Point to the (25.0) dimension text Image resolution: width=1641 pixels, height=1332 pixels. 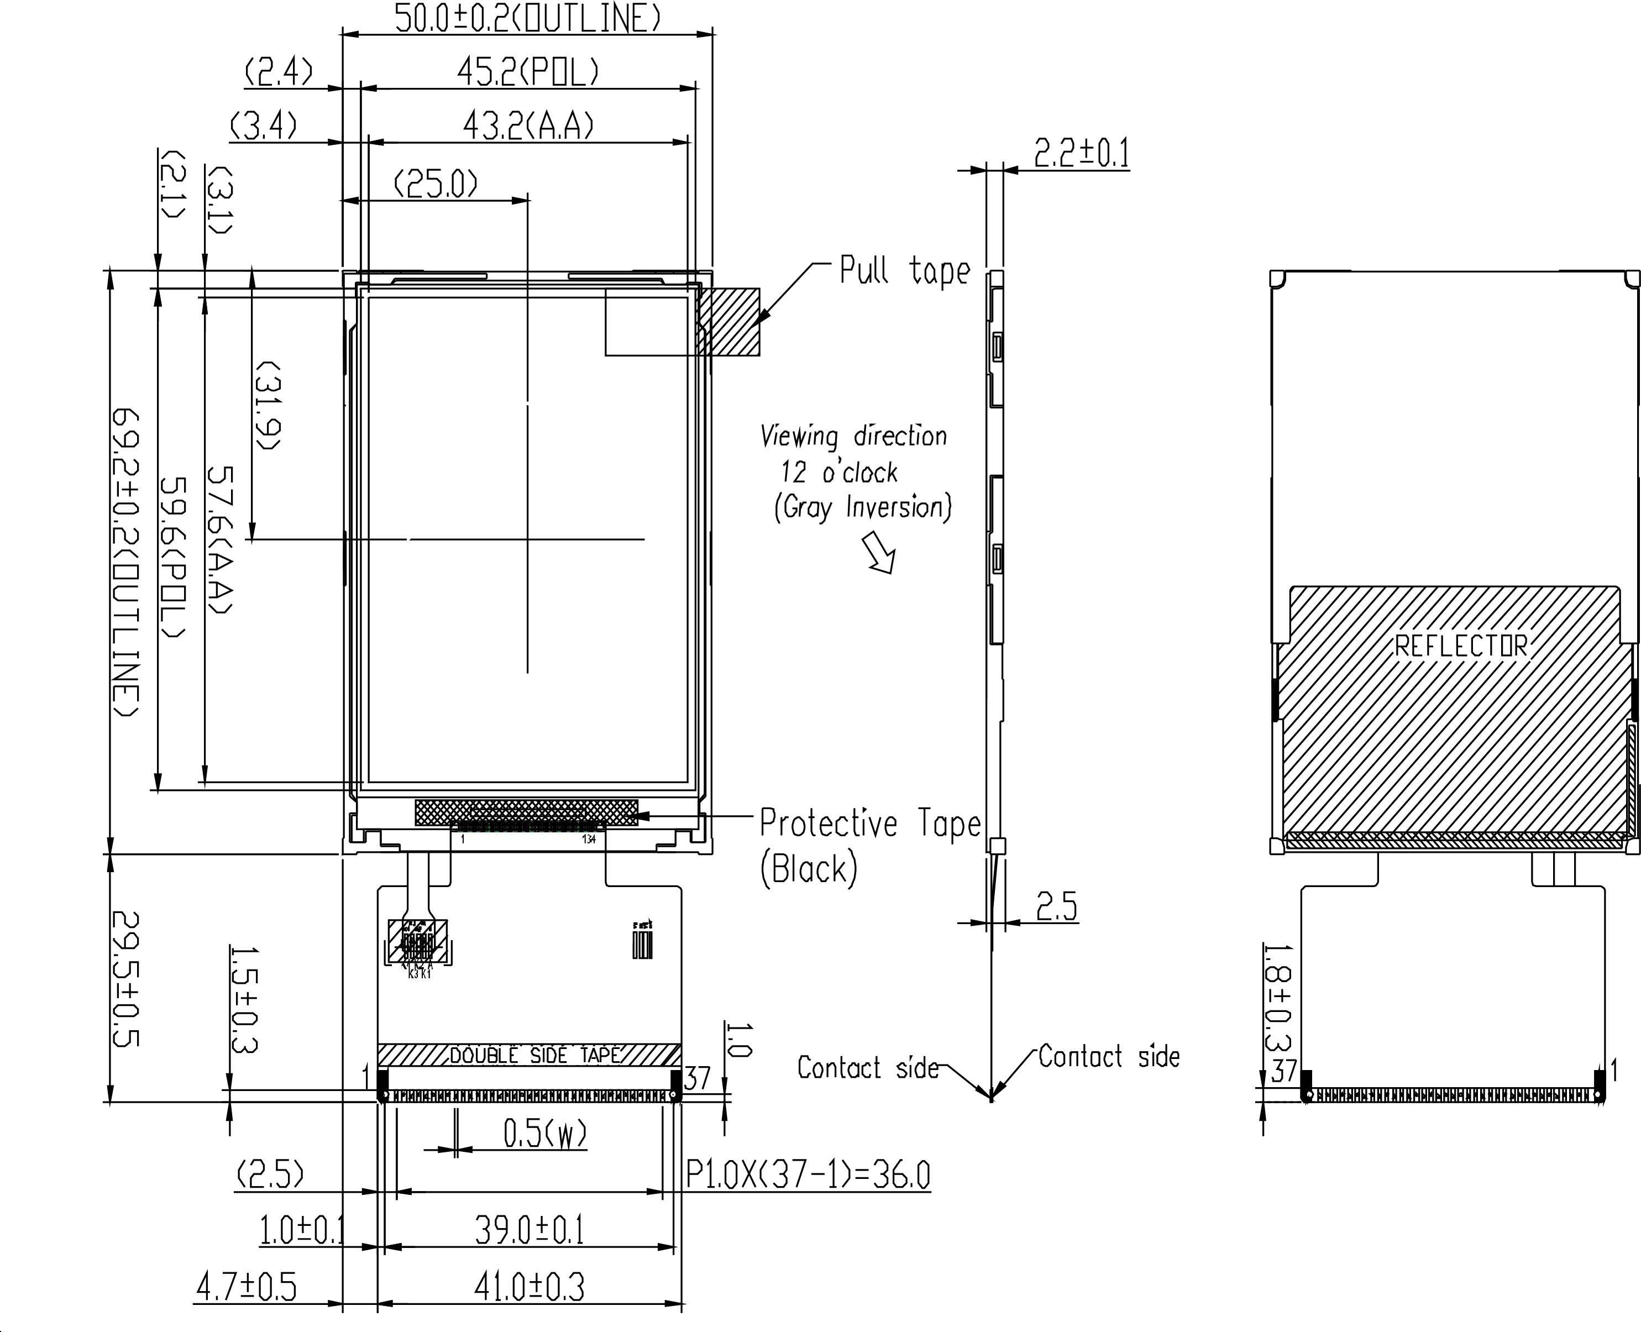point(435,184)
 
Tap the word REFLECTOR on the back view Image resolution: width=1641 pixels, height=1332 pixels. point(1461,646)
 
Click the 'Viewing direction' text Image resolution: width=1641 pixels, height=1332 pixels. point(853,437)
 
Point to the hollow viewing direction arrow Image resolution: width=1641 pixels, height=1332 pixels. point(880,553)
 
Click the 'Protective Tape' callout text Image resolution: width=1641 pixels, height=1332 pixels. point(870,824)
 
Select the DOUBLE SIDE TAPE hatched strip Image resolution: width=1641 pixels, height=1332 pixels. point(529,1055)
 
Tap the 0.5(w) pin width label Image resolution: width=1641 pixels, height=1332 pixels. point(545,1133)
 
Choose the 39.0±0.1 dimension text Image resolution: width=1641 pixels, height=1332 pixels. point(529,1231)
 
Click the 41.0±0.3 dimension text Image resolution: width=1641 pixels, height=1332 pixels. point(529,1287)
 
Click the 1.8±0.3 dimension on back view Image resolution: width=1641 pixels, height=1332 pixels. point(1277,998)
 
